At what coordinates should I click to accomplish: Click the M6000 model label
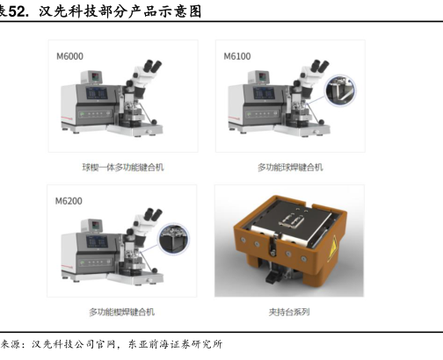(69, 56)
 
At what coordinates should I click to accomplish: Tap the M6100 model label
(237, 56)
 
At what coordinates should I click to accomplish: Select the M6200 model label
(69, 201)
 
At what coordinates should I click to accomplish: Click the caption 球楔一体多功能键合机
(123, 168)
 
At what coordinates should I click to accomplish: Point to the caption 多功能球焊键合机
(290, 168)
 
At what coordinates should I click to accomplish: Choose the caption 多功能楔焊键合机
(122, 312)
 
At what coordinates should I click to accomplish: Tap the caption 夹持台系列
(289, 312)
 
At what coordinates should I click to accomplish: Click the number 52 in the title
(17, 11)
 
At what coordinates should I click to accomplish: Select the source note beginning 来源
(112, 344)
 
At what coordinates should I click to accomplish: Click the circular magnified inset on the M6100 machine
(340, 90)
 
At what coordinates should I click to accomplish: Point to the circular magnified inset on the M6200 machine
(174, 238)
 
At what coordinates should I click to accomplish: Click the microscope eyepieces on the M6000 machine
(153, 66)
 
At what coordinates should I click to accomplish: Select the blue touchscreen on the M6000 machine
(97, 93)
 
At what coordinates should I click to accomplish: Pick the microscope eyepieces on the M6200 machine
(153, 214)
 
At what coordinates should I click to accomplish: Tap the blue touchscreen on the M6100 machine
(264, 93)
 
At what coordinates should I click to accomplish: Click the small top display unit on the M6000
(91, 77)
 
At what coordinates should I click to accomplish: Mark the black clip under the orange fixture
(273, 276)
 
